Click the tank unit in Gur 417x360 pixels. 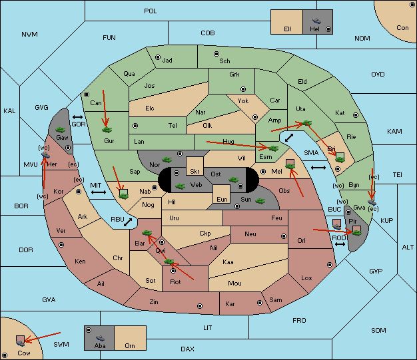pyautogui.click(x=107, y=130)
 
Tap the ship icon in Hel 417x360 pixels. pyautogui.click(x=316, y=21)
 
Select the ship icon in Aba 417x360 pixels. pyautogui.click(x=100, y=338)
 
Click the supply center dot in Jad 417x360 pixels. pyautogui.click(x=158, y=57)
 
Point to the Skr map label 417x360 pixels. pyautogui.click(x=195, y=172)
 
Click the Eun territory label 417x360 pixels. pyautogui.click(x=222, y=199)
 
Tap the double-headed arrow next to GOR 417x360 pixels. pyautogui.click(x=77, y=117)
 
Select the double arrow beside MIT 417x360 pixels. pyautogui.click(x=99, y=192)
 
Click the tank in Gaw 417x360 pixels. pyautogui.click(x=61, y=130)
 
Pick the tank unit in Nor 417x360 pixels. pyautogui.click(x=167, y=160)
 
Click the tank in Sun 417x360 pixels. pyautogui.click(x=260, y=200)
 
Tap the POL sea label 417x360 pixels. pyautogui.click(x=151, y=11)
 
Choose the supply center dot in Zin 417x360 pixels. pyautogui.click(x=200, y=306)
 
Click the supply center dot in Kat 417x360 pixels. pyautogui.click(x=356, y=115)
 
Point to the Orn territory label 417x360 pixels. pyautogui.click(x=130, y=345)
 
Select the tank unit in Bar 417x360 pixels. pyautogui.click(x=147, y=233)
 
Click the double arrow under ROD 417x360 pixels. pyautogui.click(x=340, y=244)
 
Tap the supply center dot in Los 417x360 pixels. pyautogui.click(x=330, y=265)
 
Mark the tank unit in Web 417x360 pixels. pyautogui.click(x=181, y=186)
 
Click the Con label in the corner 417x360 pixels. pyautogui.click(x=402, y=28)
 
